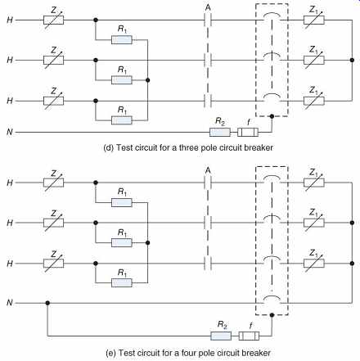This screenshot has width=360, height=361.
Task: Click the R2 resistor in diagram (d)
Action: (220, 133)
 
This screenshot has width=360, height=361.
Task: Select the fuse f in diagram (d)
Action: (248, 133)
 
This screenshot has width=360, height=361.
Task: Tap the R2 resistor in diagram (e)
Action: (221, 336)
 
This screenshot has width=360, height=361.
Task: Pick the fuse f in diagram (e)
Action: (249, 336)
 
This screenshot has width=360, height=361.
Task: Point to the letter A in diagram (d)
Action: (208, 8)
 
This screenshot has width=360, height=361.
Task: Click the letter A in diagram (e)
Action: (208, 170)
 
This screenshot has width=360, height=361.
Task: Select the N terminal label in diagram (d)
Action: (10, 132)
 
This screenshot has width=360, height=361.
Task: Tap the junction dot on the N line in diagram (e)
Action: (47, 303)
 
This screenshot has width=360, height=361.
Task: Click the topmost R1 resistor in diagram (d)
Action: (122, 40)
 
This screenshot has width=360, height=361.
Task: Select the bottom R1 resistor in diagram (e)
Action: (122, 283)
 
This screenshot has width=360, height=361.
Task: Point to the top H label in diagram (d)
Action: (10, 20)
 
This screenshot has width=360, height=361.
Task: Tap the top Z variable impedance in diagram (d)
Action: (54, 20)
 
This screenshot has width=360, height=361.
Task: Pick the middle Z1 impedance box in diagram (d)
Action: (314, 60)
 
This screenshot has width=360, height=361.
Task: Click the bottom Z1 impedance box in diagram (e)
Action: (314, 264)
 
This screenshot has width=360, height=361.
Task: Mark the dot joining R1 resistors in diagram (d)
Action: (148, 80)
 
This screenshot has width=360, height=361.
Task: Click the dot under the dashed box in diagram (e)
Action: (272, 315)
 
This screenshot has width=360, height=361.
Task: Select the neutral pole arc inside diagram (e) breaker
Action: (272, 296)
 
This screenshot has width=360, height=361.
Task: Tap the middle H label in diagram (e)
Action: (10, 223)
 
